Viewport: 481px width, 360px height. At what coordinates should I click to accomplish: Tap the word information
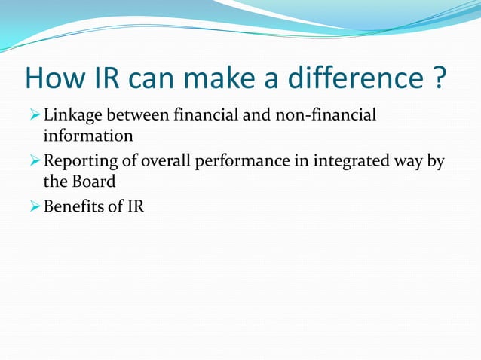88,136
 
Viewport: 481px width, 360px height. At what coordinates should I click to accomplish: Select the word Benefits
72,206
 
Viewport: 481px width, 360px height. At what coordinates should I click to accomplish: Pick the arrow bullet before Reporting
34,162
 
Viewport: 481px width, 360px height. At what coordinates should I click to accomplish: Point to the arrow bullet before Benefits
34,207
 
